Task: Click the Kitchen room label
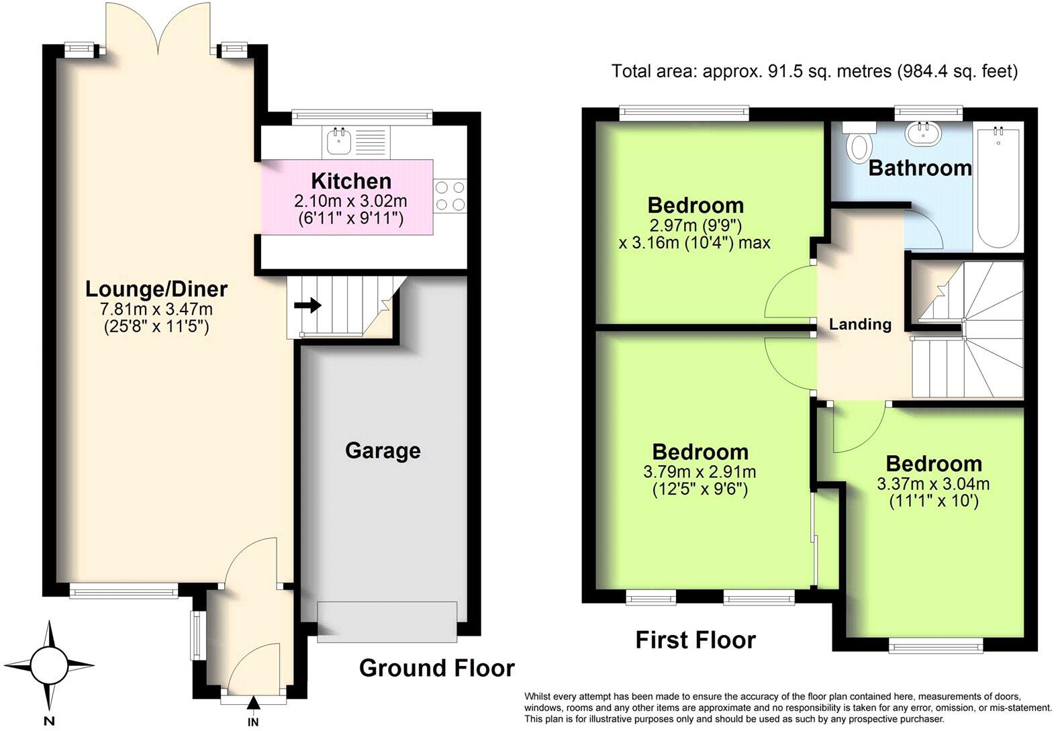coord(351,181)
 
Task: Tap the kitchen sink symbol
coord(340,142)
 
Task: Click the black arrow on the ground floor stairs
coord(307,306)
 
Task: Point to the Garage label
coord(383,450)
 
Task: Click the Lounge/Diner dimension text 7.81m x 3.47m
coord(156,309)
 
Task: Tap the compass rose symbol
coord(50,665)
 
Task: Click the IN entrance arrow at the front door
coord(253,703)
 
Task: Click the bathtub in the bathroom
coord(1000,188)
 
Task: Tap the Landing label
coord(860,325)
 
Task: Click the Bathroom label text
coord(920,168)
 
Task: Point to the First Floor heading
coord(695,640)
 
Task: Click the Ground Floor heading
coord(436,668)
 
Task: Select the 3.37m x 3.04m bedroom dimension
coord(933,484)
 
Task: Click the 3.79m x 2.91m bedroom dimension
coord(700,472)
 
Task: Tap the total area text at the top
coord(814,71)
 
